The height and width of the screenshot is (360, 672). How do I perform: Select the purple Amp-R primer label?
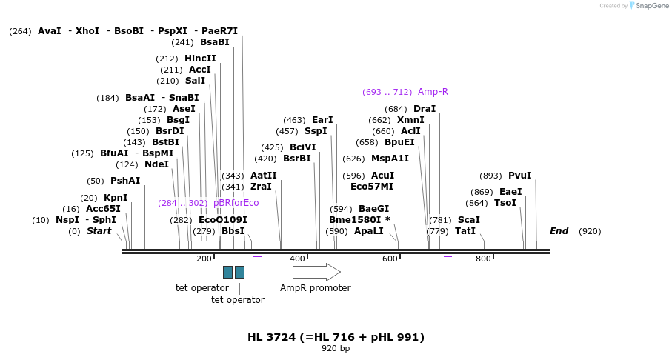(433, 92)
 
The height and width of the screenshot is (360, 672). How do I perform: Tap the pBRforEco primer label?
(236, 203)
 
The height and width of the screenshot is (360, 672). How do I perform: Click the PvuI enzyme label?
(519, 176)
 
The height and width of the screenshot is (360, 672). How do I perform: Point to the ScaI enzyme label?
(468, 220)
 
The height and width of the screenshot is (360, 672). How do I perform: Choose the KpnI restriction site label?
(116, 198)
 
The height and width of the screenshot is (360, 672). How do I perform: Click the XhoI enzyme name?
(87, 31)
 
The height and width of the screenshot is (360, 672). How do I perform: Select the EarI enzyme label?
(322, 120)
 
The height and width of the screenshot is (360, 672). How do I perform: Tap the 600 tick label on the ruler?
(390, 259)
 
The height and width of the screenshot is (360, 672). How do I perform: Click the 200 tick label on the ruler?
(204, 259)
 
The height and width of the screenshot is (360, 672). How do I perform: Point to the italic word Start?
(99, 231)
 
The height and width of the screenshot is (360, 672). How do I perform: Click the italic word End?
(559, 231)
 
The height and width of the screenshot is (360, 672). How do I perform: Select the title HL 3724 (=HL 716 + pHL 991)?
(336, 337)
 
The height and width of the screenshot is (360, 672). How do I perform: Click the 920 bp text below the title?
(336, 348)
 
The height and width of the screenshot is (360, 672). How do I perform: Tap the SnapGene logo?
(649, 6)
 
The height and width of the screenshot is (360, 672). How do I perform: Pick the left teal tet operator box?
(227, 272)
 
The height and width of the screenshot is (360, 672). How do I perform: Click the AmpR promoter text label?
(315, 288)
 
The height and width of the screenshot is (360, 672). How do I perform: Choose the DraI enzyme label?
(425, 109)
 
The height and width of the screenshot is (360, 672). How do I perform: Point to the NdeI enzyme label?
(156, 164)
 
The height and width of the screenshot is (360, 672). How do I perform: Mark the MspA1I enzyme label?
(390, 159)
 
